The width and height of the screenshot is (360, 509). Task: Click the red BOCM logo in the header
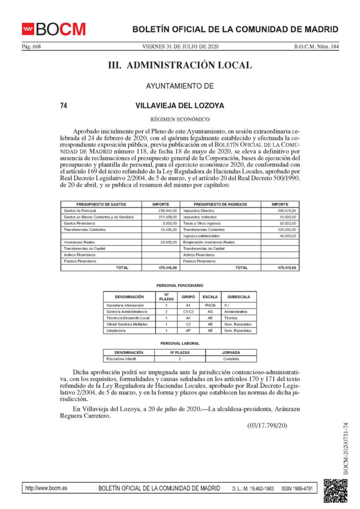[54, 29]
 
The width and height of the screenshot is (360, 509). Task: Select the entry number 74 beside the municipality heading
[63, 105]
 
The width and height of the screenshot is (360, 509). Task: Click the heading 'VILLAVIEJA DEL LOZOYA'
[180, 105]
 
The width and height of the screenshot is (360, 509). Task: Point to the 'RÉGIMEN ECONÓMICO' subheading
[180, 119]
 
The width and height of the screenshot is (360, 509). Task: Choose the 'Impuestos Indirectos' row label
[201, 217]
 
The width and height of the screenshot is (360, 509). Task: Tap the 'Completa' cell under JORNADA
[231, 358]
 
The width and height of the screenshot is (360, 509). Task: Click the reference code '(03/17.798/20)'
[267, 425]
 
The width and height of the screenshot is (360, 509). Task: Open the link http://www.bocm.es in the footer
[46, 489]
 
